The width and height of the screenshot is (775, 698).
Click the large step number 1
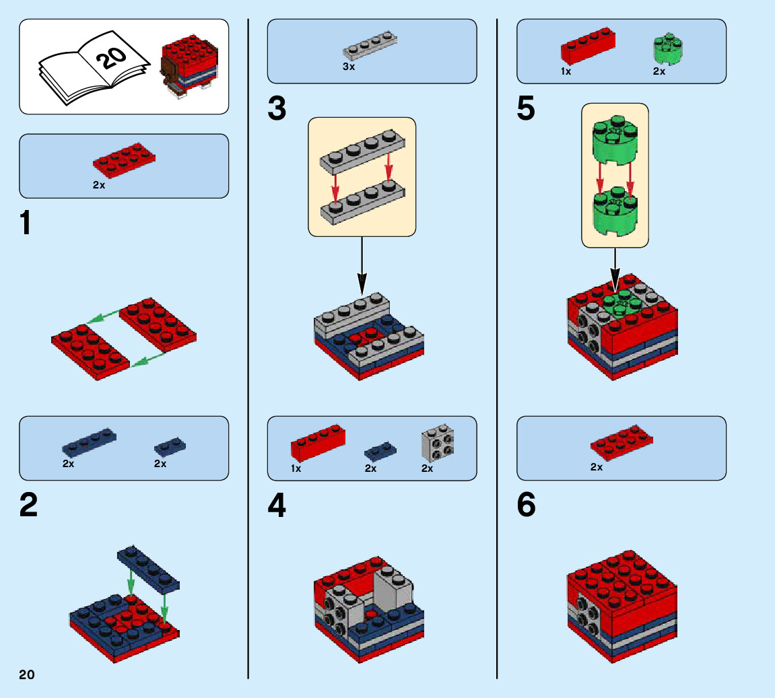coord(26,223)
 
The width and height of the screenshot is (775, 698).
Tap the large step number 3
coord(277,108)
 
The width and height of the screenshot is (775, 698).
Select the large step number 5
coord(526,108)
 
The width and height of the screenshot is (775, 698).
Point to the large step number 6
coord(526,505)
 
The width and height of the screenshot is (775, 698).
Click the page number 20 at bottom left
coord(27,675)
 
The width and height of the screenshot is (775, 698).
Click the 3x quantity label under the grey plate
coord(349,67)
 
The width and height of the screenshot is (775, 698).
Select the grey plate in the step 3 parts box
coord(370,46)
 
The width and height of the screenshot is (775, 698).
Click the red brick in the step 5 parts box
coord(588,46)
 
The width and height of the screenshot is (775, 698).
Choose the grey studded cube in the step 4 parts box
coord(438,443)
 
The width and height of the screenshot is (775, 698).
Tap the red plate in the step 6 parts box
coord(621,442)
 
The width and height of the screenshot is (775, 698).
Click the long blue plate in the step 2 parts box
coord(89,442)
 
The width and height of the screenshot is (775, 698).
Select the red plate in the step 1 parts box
coord(124,160)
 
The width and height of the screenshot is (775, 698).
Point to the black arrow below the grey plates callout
coord(362,266)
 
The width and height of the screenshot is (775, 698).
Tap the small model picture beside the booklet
coord(189,66)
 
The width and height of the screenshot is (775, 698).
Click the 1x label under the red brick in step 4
coord(296,468)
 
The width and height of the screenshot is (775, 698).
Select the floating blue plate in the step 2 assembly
coord(148,569)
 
